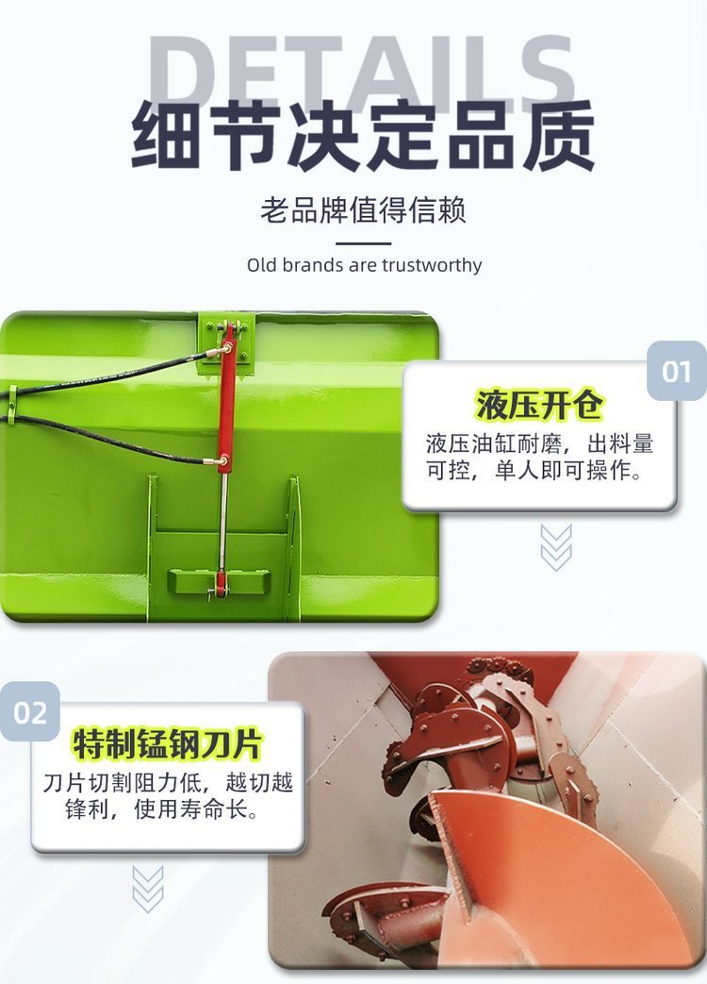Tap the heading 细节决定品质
363,136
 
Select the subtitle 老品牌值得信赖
364,209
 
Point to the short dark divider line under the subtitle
364,243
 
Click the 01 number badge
676,371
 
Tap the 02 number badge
30,712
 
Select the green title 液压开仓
539,404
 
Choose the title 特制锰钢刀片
168,744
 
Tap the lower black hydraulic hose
107,437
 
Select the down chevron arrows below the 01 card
556,548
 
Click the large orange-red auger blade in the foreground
551,878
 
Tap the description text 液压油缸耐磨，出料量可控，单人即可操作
539,457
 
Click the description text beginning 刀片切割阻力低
168,795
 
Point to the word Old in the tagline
261,265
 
